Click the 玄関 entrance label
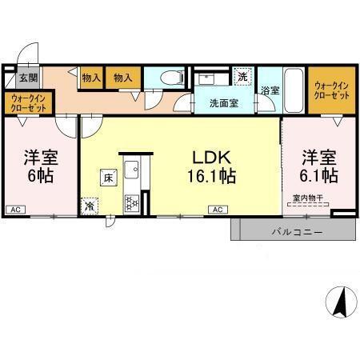[28, 78]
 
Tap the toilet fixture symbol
[173, 78]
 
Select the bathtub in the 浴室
[294, 90]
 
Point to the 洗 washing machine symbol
[242, 77]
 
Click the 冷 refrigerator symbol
[90, 206]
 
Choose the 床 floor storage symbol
[109, 178]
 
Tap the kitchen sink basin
[131, 170]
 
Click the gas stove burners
[132, 203]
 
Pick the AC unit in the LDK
[218, 210]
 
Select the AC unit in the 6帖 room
[16, 210]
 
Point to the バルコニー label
[297, 232]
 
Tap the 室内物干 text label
[308, 198]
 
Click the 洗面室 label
[224, 103]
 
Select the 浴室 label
[270, 90]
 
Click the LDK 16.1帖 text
[212, 167]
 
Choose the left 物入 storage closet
[91, 78]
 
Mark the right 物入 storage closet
[123, 78]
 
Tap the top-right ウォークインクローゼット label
[332, 90]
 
